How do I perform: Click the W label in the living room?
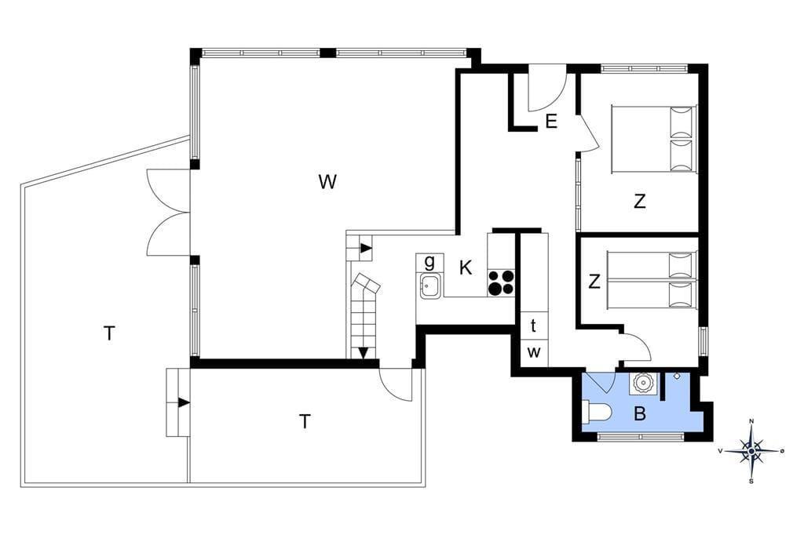pos(327,181)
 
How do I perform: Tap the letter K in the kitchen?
pos(466,267)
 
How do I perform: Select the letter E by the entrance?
pos(551,122)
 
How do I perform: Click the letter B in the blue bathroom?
pos(639,413)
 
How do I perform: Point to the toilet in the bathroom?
pos(597,412)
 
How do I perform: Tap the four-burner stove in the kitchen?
pos(501,282)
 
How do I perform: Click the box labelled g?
pos(429,262)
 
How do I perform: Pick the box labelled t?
pos(534,326)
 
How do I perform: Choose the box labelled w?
pos(534,353)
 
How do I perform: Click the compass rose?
pos(751,451)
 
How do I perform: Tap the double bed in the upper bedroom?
pos(654,139)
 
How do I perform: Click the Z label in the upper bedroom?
pos(639,202)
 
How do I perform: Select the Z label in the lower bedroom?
pos(594,282)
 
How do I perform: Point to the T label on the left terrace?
pos(108,333)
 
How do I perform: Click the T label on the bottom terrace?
pos(305,421)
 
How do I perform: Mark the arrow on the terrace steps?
pos(184,402)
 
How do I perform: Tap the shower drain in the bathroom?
pos(677,376)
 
